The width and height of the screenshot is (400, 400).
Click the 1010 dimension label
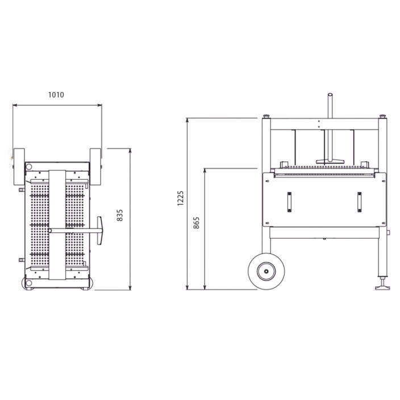pyautogui.click(x=56, y=95)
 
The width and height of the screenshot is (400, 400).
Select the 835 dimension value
pyautogui.click(x=120, y=215)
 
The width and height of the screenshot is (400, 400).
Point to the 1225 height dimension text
pyautogui.click(x=180, y=198)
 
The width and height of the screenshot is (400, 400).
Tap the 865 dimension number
pyautogui.click(x=196, y=223)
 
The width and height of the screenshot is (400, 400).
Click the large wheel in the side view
pyautogui.click(x=266, y=272)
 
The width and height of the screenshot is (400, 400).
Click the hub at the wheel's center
pyautogui.click(x=266, y=272)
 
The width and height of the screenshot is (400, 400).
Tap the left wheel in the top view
pyautogui.click(x=19, y=166)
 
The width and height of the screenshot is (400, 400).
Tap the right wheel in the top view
pyautogui.click(x=95, y=166)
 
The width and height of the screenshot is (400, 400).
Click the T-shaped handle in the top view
pyautogui.click(x=99, y=231)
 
